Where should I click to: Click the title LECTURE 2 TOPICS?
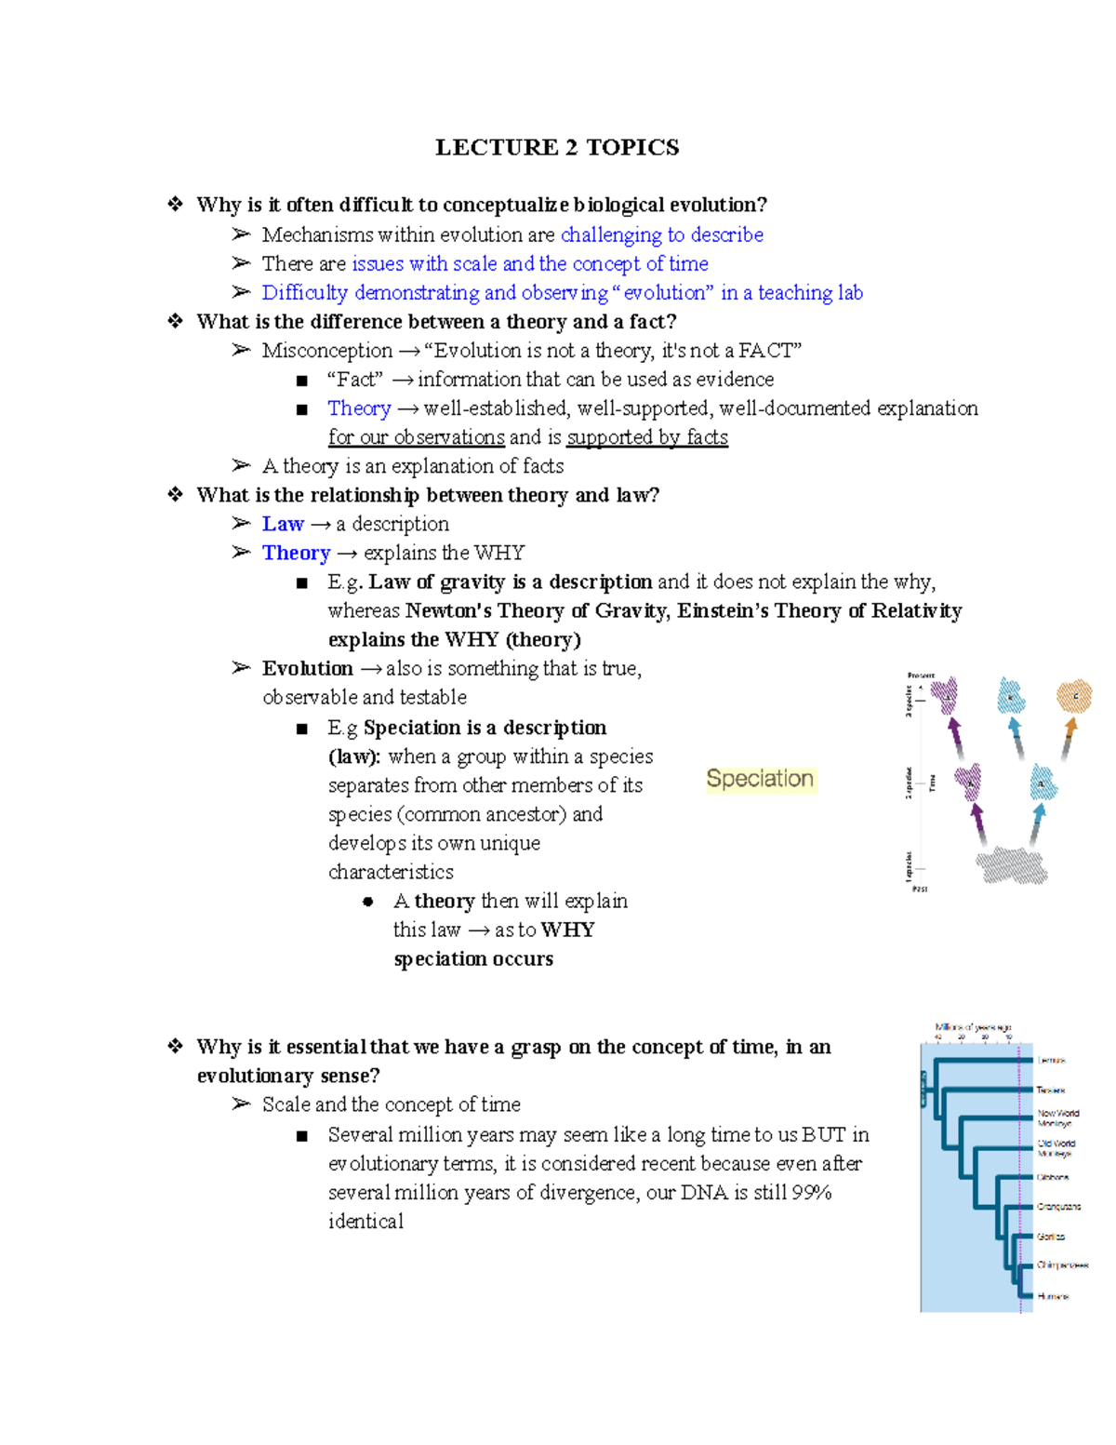tap(557, 147)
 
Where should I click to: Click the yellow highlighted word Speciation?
tap(759, 779)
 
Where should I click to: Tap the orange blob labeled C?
tap(1074, 696)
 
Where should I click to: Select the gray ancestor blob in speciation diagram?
tap(1012, 865)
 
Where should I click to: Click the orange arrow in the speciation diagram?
tap(1069, 738)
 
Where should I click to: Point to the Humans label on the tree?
tap(1053, 1296)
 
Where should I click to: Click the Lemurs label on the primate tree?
tap(1051, 1060)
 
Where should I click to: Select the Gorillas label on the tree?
tap(1051, 1237)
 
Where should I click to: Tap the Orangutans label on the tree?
tap(1058, 1207)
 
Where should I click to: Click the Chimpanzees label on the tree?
tap(1062, 1265)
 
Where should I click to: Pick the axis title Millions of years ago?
tap(973, 1027)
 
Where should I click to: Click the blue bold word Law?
tap(283, 524)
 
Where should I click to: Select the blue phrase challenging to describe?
tap(661, 234)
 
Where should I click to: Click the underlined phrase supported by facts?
tap(647, 437)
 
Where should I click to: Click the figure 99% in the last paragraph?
tap(811, 1192)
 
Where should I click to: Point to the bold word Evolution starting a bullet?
tap(307, 668)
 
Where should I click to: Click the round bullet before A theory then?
tap(368, 902)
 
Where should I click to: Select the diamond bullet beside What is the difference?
tap(175, 321)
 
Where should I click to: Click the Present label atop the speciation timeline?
tap(920, 676)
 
